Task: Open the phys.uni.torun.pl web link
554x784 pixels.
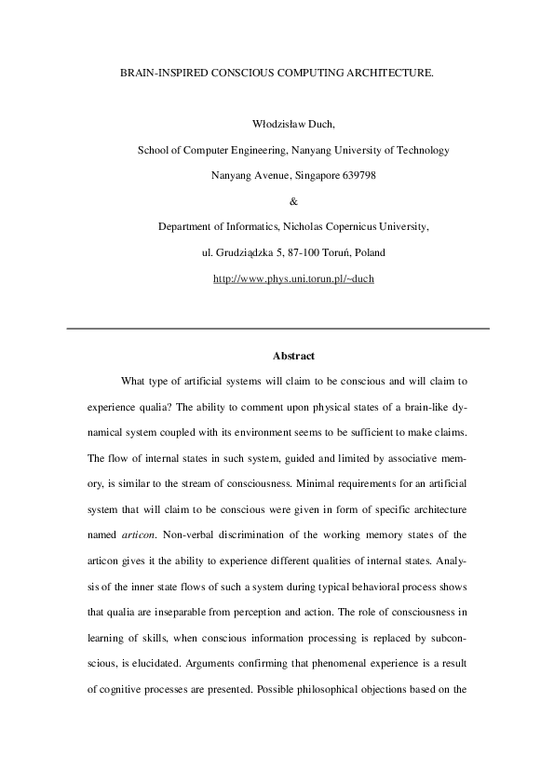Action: (x=293, y=278)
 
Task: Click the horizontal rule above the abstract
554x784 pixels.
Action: (x=277, y=328)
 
